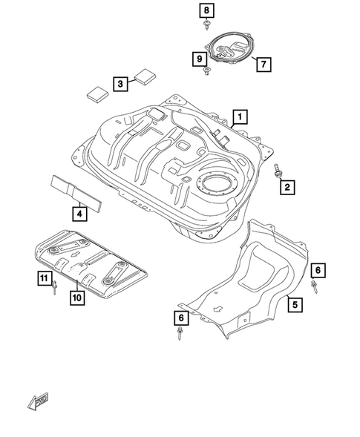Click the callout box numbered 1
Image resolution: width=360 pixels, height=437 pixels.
(240, 116)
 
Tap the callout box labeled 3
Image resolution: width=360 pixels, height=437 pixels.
(120, 85)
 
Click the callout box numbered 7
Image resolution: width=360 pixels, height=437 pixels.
(262, 65)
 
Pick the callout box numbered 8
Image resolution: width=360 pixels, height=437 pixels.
(206, 10)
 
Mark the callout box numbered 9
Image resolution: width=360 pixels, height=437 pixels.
(199, 58)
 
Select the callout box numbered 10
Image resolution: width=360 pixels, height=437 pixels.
(76, 298)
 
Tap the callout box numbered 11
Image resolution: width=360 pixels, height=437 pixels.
(44, 278)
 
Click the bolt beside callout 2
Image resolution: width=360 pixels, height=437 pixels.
(278, 171)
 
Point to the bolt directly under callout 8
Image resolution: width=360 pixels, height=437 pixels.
(206, 27)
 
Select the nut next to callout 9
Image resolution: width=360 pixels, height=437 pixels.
(207, 70)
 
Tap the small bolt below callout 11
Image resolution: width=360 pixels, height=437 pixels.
(54, 290)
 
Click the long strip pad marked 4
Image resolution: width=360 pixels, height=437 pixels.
(76, 189)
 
